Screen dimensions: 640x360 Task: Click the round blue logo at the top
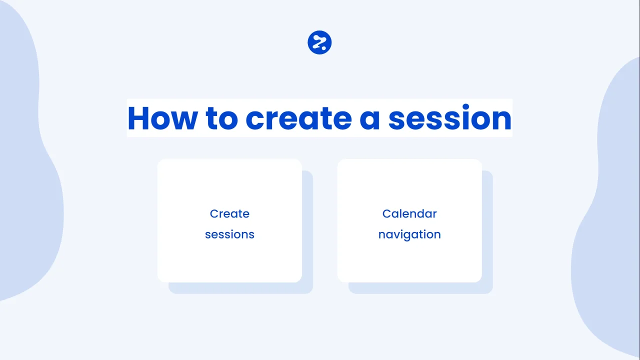pos(319,42)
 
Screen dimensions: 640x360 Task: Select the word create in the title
pos(298,118)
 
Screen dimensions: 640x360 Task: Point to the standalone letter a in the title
pos(369,119)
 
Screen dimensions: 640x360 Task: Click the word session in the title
pos(449,117)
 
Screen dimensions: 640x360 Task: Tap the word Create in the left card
pos(229,213)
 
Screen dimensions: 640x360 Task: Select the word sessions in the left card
pos(229,234)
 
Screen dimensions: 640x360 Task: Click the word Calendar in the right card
pos(409,213)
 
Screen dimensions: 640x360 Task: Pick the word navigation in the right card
pos(409,235)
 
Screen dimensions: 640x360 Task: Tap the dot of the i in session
pos(465,107)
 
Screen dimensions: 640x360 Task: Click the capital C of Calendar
pos(387,213)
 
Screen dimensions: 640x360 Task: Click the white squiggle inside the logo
pos(318,41)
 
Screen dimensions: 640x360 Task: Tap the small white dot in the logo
pos(323,48)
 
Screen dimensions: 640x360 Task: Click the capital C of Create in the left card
pos(214,213)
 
